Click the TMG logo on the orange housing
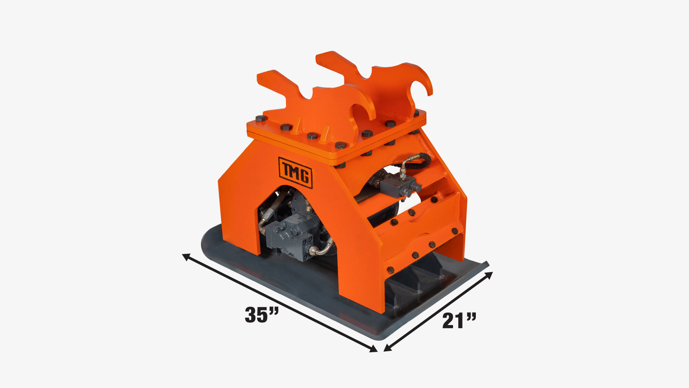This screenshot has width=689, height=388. pos(295,172)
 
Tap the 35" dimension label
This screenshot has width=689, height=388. pos(262,314)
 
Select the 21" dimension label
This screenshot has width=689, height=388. pos(459,320)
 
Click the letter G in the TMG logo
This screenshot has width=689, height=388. pos(304,176)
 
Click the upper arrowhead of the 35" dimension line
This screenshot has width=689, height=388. pos(186,257)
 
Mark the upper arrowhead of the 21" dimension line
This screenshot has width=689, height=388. pos(489,275)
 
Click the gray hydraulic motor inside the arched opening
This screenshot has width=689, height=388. pos(291,235)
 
